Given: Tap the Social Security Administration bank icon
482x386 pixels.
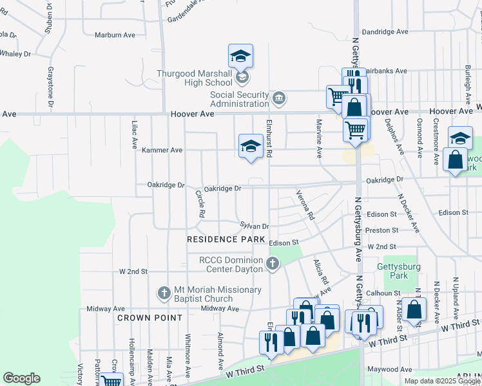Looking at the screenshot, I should tap(280, 98).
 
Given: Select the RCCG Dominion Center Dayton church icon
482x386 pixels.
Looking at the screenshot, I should tap(273, 263).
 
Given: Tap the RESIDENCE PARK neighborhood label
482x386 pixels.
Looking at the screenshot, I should tap(226, 239).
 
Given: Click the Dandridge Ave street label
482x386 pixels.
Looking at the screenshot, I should tap(385, 32).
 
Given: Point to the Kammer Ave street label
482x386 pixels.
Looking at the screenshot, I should tap(162, 150).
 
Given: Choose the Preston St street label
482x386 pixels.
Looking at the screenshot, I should tap(381, 230).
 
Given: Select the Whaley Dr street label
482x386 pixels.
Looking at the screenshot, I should tap(14, 54).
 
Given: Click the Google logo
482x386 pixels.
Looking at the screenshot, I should tap(21, 378).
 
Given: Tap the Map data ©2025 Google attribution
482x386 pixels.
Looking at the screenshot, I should tap(441, 381).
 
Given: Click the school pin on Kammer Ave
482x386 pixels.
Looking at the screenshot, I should tap(250, 145).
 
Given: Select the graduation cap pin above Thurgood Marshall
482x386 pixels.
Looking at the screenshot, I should tap(240, 56).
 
